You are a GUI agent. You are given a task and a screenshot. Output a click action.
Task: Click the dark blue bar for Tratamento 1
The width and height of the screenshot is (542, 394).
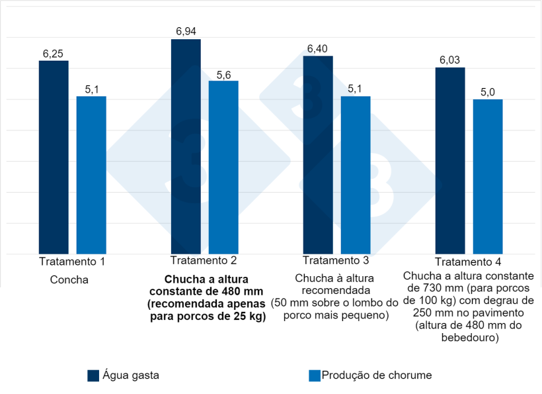point(54,157)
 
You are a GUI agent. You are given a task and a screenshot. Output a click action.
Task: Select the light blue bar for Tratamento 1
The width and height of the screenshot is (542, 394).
point(91,175)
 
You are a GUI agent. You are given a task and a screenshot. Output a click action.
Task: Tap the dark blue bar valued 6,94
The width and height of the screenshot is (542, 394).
point(186,146)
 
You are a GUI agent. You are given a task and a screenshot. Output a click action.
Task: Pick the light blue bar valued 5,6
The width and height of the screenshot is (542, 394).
point(223,167)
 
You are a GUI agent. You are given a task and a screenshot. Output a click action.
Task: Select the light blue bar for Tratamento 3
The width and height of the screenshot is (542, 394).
point(356,175)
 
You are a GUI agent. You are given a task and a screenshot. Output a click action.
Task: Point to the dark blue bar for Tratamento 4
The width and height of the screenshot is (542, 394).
point(450,160)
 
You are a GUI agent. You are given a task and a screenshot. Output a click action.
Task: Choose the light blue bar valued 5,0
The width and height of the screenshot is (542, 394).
point(488,176)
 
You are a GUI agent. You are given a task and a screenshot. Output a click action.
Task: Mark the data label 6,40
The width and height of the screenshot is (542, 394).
point(318,49)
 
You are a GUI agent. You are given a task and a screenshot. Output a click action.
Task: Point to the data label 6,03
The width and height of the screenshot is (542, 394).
point(450,60)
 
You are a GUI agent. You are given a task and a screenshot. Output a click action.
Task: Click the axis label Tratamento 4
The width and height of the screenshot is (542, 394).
point(469,262)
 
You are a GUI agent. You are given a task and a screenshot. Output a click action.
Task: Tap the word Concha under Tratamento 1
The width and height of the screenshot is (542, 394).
point(69,279)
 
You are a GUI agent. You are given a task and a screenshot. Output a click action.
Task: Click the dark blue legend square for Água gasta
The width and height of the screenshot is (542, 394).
point(93,375)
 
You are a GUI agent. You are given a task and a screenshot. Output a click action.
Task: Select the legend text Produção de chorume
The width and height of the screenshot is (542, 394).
point(376,375)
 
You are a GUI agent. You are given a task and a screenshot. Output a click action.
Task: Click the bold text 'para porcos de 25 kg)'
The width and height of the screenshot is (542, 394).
point(208,317)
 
